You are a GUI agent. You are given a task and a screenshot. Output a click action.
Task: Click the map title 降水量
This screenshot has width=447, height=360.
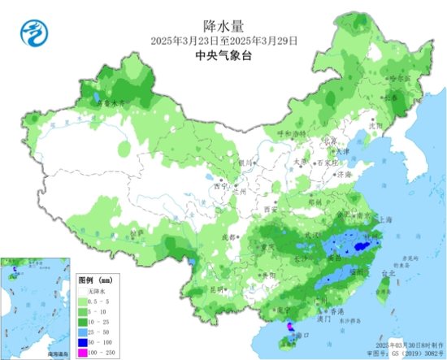(224, 26)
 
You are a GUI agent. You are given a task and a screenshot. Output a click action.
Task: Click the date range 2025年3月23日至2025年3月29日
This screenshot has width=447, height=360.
(224, 40)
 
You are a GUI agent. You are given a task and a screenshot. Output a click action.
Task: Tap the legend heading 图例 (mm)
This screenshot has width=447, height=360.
(94, 279)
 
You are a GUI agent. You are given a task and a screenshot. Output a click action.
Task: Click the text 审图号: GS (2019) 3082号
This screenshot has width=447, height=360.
(407, 353)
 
